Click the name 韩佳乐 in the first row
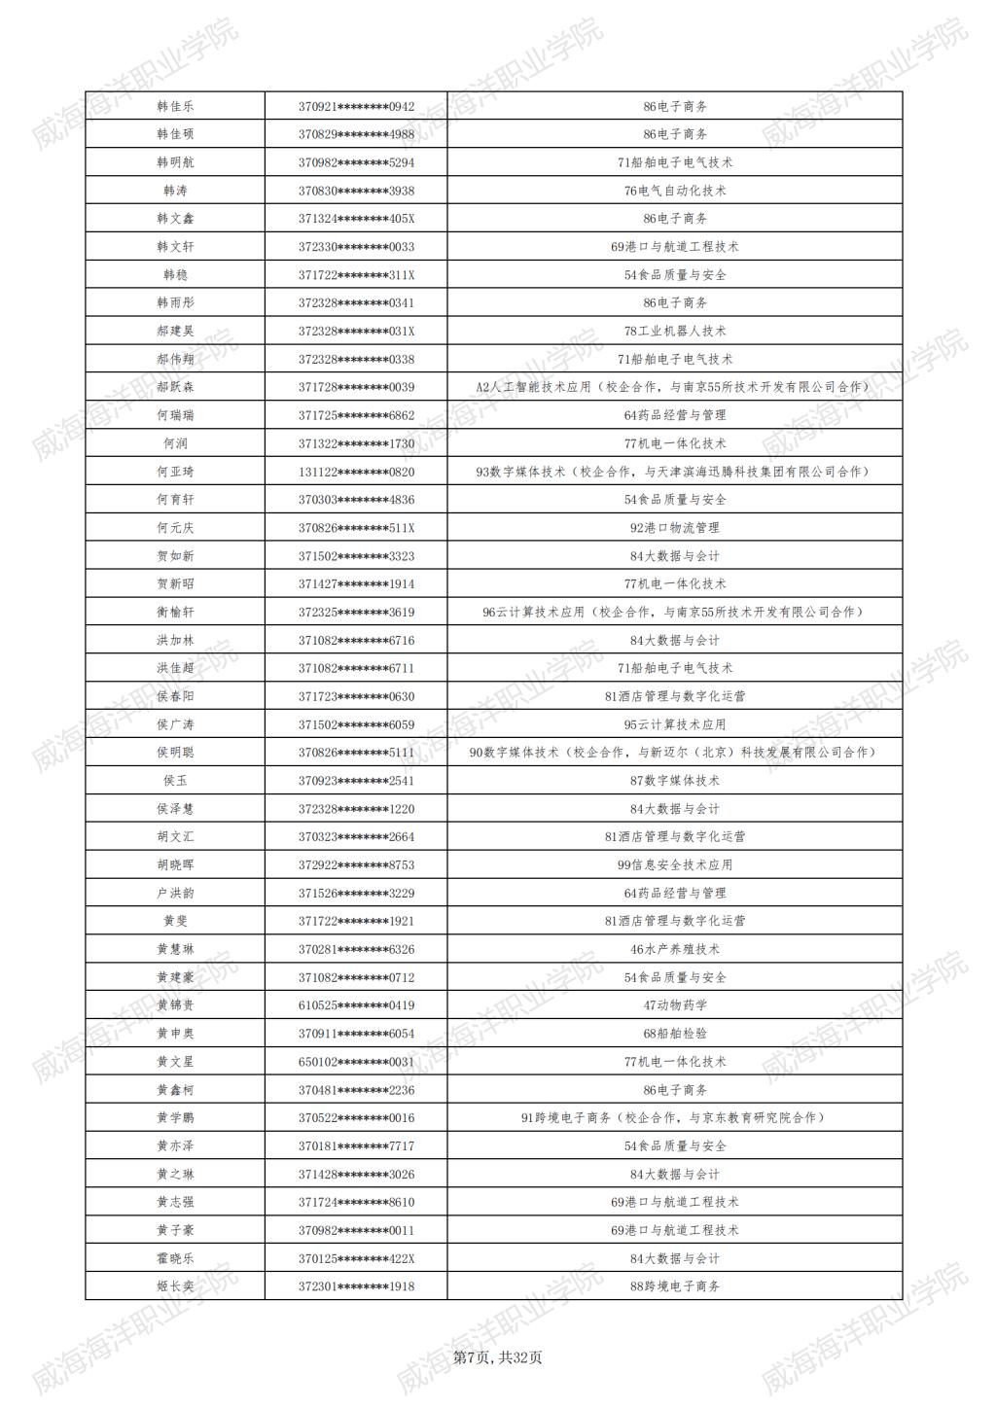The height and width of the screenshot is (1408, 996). tap(175, 106)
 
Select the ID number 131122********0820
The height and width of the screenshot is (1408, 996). tap(356, 472)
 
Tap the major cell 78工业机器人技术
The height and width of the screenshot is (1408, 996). tap(675, 331)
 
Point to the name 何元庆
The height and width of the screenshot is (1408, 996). tap(175, 528)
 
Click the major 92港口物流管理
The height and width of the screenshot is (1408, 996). tap(675, 528)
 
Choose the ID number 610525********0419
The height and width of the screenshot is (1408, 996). tap(356, 1005)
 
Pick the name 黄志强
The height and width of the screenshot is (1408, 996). tap(175, 1202)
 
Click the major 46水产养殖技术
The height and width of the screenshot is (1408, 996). tap(675, 949)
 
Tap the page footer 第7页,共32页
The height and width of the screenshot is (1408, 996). tap(498, 1357)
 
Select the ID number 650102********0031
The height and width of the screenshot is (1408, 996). tap(356, 1062)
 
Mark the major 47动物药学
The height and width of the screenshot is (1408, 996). tap(675, 1005)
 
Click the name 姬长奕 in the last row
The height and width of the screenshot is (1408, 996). tap(175, 1286)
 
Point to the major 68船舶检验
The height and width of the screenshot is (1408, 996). tap(675, 1034)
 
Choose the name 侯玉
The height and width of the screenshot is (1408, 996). tap(175, 781)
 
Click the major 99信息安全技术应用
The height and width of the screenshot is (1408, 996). tap(675, 864)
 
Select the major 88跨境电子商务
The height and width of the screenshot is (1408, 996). tap(675, 1286)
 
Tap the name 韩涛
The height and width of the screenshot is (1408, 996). tap(175, 191)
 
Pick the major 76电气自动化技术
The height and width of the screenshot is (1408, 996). tap(675, 191)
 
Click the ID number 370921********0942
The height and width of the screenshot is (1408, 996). tap(356, 106)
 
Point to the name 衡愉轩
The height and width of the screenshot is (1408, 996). tap(175, 612)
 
